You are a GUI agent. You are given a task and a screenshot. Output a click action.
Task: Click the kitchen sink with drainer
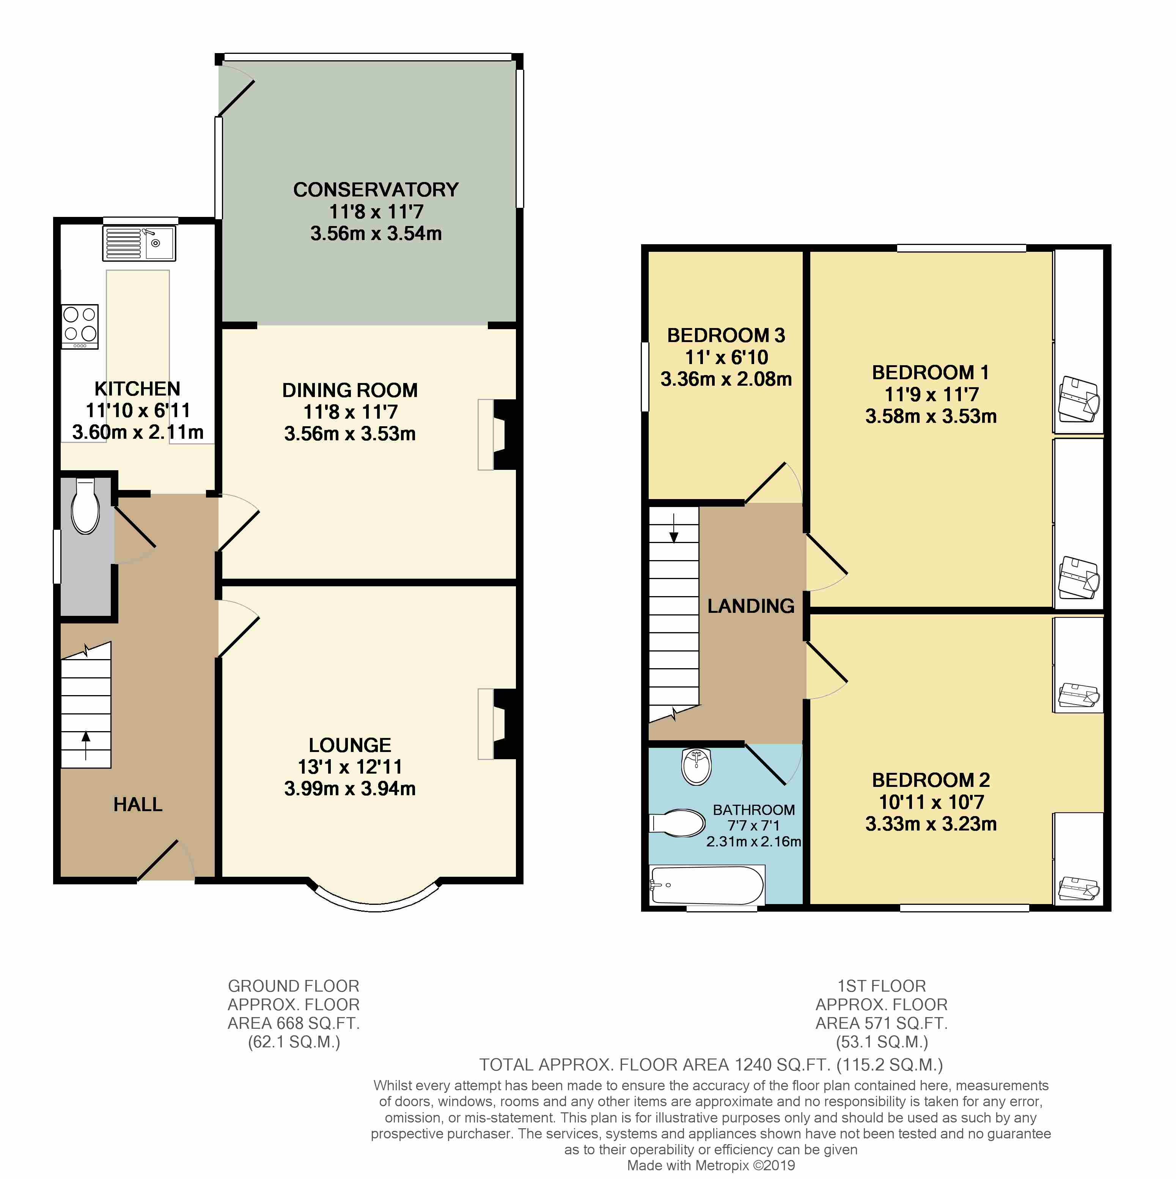(x=139, y=243)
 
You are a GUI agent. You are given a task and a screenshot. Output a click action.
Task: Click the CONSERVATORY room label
(x=376, y=190)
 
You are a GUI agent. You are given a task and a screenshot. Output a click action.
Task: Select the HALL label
(x=138, y=804)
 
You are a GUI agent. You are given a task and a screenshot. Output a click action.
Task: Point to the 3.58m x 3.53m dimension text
(x=931, y=416)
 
